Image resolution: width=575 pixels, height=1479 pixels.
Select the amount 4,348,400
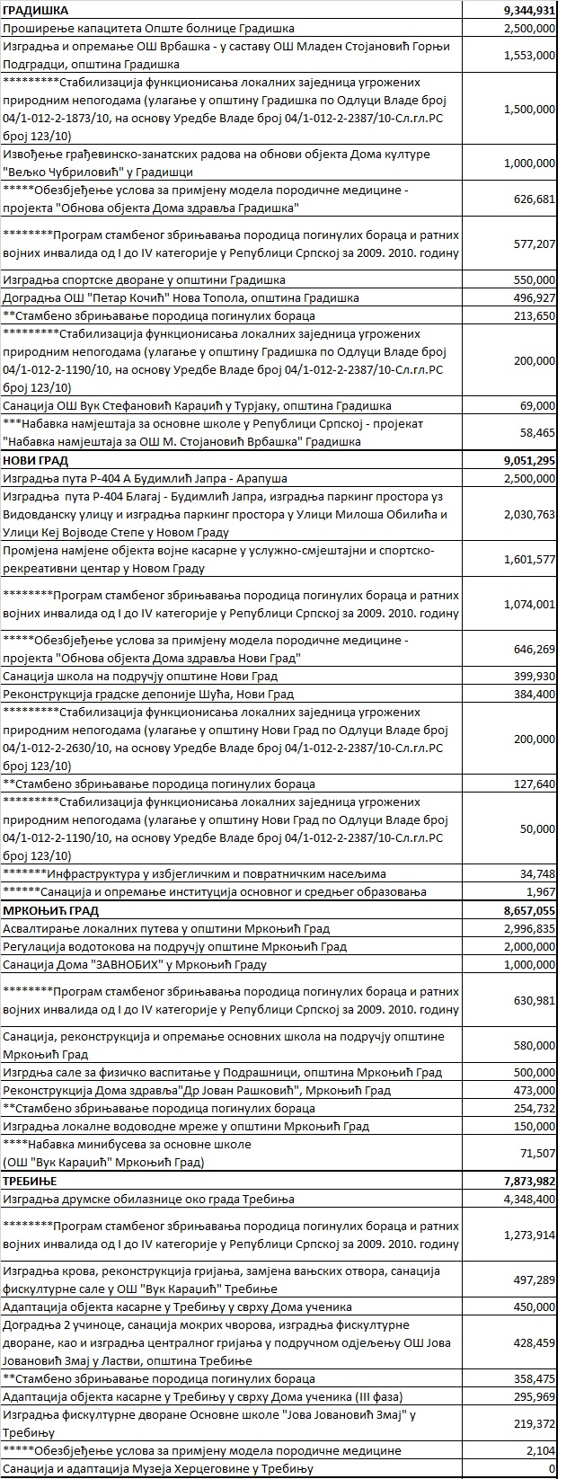pos(528,1199)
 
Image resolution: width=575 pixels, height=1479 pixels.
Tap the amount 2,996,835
pos(528,928)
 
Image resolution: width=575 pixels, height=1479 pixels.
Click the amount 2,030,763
pos(528,515)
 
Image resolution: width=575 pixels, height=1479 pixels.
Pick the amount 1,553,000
pos(528,56)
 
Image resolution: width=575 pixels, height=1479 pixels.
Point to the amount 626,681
pos(533,199)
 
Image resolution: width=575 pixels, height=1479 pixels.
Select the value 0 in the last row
pos(551,1469)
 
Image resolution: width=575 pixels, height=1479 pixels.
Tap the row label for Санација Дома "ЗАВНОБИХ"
pos(135,964)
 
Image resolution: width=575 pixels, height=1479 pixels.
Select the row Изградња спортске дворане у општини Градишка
pos(145,279)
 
